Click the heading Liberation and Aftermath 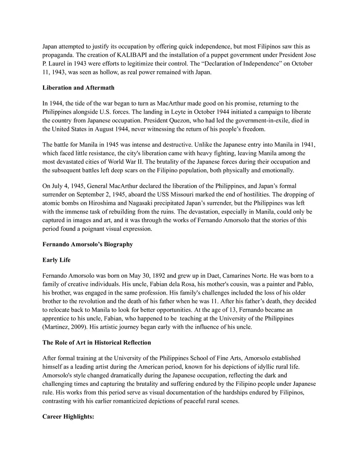[x=79, y=88]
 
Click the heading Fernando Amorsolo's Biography [x=88, y=244]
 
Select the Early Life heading [x=56, y=260]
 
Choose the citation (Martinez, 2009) [x=66, y=326]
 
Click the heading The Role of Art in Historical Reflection [x=97, y=342]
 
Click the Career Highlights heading [x=68, y=416]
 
